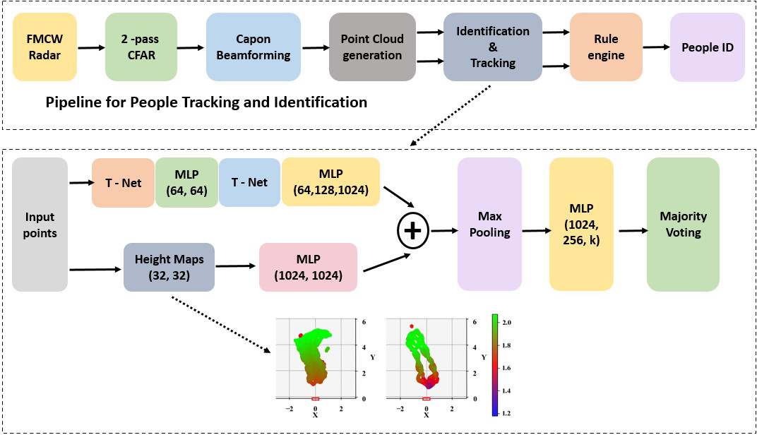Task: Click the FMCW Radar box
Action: pos(44,47)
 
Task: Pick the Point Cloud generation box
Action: pos(371,47)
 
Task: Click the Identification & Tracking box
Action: pos(492,47)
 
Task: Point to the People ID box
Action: pos(707,47)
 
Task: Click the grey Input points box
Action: pos(40,225)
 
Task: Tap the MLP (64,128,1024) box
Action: pos(330,182)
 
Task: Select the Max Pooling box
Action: pos(489,224)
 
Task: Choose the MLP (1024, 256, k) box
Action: pos(581,224)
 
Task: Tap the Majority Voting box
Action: pos(683,224)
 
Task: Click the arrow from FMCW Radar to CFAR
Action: pos(90,47)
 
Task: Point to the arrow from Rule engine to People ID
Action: pos(656,47)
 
